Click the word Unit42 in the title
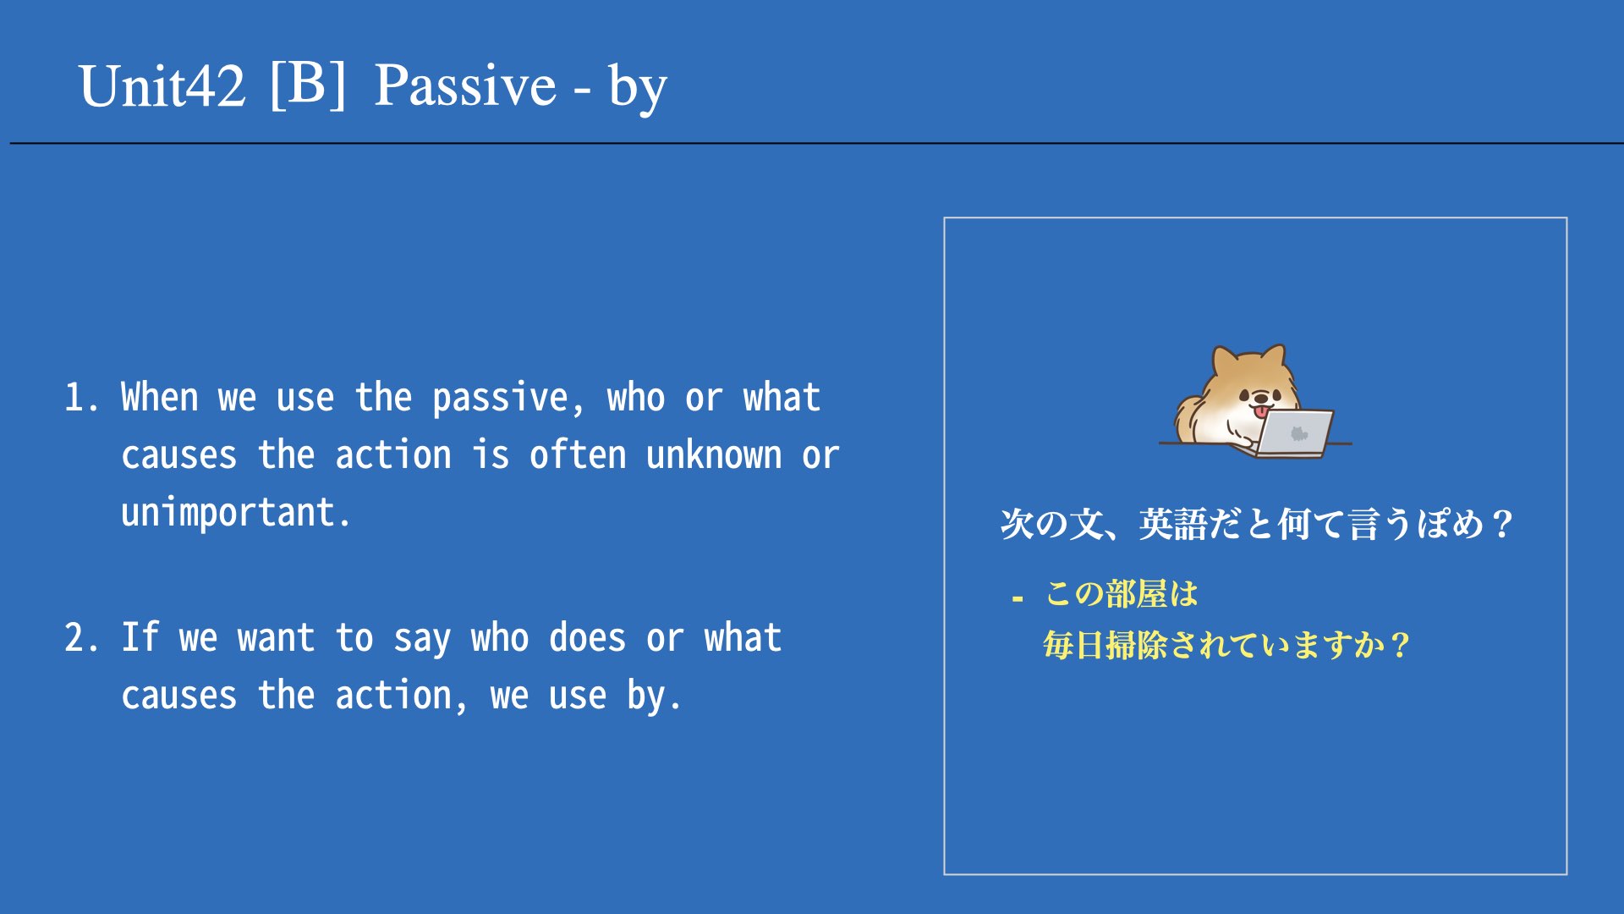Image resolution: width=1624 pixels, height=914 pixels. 162,85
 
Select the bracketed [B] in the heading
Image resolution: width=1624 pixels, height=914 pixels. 308,84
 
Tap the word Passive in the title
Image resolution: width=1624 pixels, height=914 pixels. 465,85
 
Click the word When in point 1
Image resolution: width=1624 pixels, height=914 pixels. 160,397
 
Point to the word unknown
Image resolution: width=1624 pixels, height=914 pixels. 714,455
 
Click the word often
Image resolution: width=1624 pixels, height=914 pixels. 578,455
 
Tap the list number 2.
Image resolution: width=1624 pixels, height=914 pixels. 81,638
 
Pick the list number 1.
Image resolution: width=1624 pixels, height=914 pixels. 81,398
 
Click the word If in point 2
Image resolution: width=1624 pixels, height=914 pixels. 140,637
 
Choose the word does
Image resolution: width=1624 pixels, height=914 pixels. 588,637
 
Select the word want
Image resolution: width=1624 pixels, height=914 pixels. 276,638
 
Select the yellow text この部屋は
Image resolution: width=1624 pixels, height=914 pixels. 1122,594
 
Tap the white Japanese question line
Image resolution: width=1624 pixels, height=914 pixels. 1256,524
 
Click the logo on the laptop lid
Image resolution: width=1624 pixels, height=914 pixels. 1298,433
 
